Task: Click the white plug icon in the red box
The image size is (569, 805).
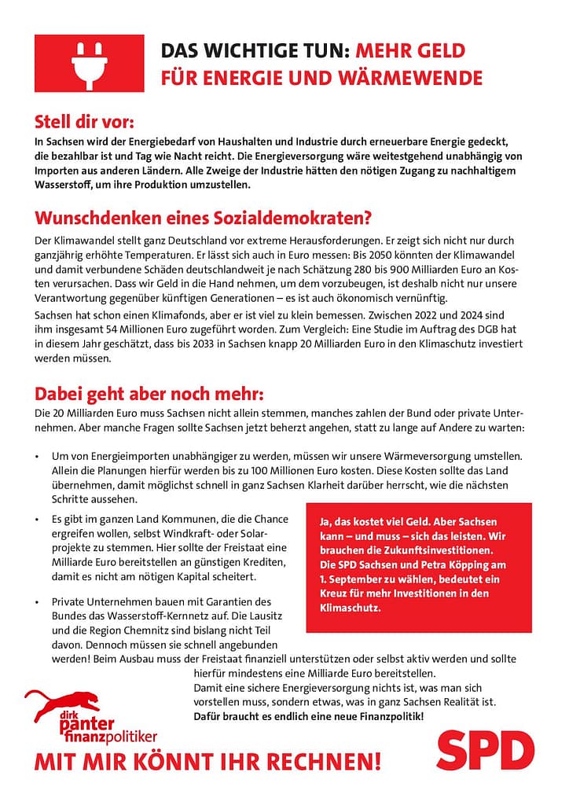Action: coord(89,63)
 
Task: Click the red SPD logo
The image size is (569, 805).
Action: coord(485,752)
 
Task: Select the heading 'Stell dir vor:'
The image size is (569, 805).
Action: coord(84,123)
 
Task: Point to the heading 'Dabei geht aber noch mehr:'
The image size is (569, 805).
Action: coord(149,393)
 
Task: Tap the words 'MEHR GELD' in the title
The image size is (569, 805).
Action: coord(410,52)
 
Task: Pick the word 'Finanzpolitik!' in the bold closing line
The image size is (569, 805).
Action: coord(387,716)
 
